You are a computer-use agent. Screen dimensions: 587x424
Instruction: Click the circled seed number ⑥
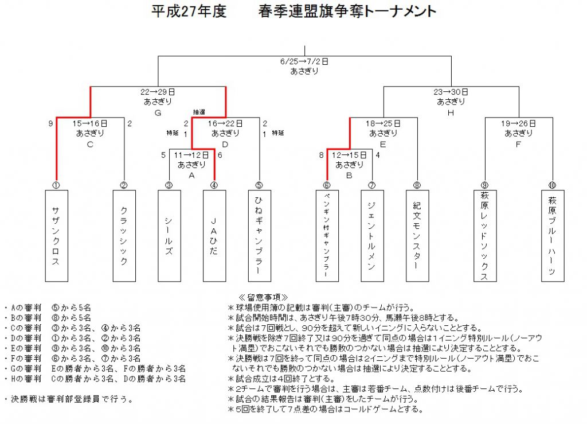pos(327,185)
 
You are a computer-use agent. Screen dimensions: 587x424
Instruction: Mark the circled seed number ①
pos(56,185)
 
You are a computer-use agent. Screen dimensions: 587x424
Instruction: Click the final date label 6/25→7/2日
pos(304,61)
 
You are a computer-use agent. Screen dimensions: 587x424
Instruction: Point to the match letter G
pos(158,113)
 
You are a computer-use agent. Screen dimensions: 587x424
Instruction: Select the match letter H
pos(451,113)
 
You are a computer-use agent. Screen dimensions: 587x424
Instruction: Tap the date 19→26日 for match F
pos(518,123)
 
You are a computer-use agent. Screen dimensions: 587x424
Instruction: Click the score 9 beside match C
pos(50,123)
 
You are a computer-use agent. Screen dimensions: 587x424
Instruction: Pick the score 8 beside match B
pos(321,155)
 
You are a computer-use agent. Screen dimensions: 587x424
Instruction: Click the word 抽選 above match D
pos(199,112)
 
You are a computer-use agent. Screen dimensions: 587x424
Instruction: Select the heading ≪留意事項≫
pos(264,297)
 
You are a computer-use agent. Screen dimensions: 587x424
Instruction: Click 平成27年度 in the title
pos(189,11)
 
